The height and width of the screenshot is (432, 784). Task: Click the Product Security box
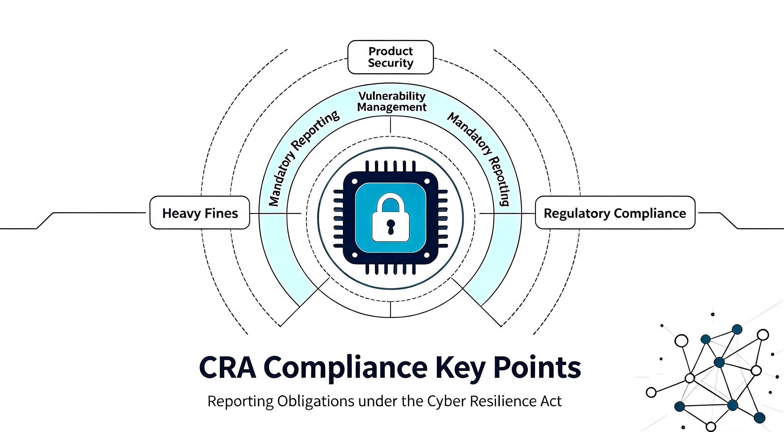(390, 57)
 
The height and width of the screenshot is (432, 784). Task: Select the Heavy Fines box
(200, 213)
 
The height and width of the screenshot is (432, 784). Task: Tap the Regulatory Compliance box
(615, 213)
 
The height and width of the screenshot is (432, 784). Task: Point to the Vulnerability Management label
(392, 102)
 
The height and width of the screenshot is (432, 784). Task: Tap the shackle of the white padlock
(391, 203)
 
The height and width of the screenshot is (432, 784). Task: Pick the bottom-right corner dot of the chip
(427, 255)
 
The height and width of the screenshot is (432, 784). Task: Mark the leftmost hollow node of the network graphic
(651, 393)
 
